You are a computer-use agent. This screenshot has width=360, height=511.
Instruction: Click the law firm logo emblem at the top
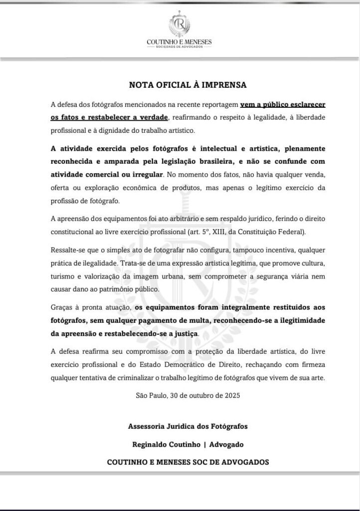click(180, 24)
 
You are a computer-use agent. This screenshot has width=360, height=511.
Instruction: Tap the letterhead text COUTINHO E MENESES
click(180, 42)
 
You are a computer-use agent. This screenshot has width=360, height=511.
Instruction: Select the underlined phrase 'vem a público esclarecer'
click(283, 105)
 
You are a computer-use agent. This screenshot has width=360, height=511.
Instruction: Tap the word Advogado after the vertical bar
click(224, 444)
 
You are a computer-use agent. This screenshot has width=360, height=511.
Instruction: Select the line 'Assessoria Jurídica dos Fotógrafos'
click(187, 427)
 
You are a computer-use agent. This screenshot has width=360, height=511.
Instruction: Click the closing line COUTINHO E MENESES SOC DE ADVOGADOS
click(187, 462)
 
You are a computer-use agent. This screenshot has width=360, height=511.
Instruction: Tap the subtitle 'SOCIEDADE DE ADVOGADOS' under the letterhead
click(180, 48)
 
